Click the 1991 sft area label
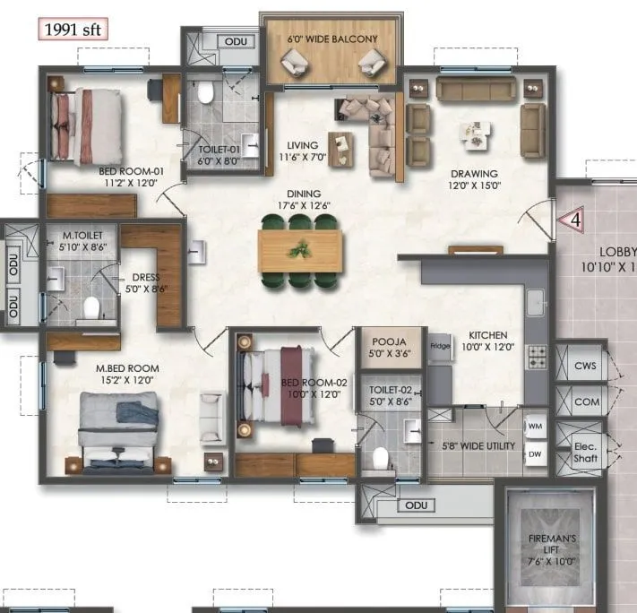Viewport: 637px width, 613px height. click(73, 29)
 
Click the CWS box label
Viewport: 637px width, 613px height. click(586, 365)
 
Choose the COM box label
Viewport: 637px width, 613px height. click(586, 401)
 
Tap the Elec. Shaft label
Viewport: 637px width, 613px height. click(586, 451)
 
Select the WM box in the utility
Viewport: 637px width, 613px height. click(535, 426)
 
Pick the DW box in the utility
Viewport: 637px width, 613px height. click(535, 454)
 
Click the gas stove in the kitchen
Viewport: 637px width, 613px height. click(537, 357)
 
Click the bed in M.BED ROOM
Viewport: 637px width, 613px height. click(118, 430)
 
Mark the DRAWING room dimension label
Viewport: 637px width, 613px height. click(473, 179)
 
